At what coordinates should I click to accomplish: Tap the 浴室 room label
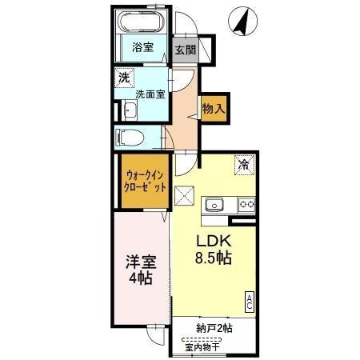pyautogui.click(x=143, y=47)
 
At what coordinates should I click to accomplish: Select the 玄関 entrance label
pyautogui.click(x=185, y=50)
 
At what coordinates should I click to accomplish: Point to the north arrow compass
pyautogui.click(x=242, y=22)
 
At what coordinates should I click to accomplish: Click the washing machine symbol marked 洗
pyautogui.click(x=124, y=78)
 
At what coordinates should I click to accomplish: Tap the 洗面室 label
pyautogui.click(x=150, y=94)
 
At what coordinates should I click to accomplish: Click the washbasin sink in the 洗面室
pyautogui.click(x=130, y=110)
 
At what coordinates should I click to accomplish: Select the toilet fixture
pyautogui.click(x=130, y=138)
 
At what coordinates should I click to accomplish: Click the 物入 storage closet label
pyautogui.click(x=214, y=108)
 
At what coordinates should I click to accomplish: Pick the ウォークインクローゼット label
pyautogui.click(x=145, y=182)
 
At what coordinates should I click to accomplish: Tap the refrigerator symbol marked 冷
pyautogui.click(x=244, y=166)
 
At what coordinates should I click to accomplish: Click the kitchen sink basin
pyautogui.click(x=214, y=205)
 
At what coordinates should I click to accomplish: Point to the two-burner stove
pyautogui.click(x=246, y=205)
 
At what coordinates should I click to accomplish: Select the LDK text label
pyautogui.click(x=214, y=242)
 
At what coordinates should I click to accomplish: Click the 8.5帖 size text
pyautogui.click(x=214, y=258)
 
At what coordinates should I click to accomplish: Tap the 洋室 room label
pyautogui.click(x=141, y=262)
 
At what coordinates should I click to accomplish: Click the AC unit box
pyautogui.click(x=250, y=302)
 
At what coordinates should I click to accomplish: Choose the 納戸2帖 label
pyautogui.click(x=214, y=328)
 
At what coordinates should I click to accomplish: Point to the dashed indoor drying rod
pyautogui.click(x=202, y=340)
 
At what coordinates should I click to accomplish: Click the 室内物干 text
pyautogui.click(x=202, y=347)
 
